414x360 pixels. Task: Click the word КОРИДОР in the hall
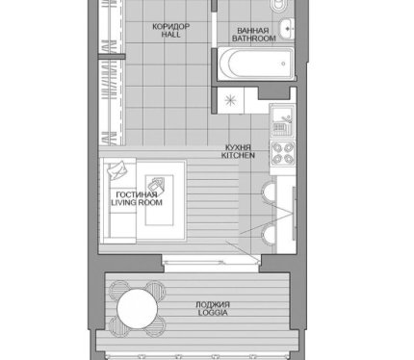[x=171, y=26]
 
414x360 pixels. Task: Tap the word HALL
[x=170, y=35]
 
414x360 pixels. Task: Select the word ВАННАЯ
[x=253, y=31]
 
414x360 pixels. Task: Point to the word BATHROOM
[x=254, y=39]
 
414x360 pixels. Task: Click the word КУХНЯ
[x=238, y=148]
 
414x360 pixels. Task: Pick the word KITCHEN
[x=238, y=156]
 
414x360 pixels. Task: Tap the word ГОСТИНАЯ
[x=137, y=194]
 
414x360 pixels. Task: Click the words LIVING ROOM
[x=137, y=202]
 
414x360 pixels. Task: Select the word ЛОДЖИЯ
[x=213, y=305]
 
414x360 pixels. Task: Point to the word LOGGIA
[x=213, y=313]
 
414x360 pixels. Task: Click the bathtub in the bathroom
[x=256, y=64]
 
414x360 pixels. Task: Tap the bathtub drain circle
[x=283, y=64]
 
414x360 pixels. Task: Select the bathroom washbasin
[x=286, y=29]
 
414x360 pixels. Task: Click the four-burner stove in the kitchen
[x=282, y=153]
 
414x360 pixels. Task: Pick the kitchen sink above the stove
[x=282, y=121]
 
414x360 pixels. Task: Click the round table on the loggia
[x=138, y=308]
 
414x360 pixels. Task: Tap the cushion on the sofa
[x=116, y=169]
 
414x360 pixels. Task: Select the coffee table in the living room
[x=160, y=200]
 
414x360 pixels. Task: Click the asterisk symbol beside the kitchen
[x=230, y=100]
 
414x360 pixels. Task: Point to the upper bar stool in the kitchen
[x=269, y=193]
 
